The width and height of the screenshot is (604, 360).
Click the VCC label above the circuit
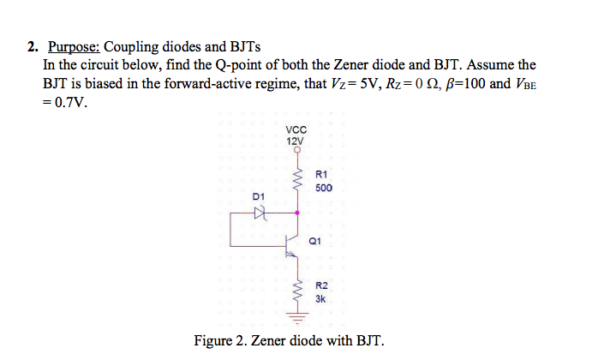click(296, 130)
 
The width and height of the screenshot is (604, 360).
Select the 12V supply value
click(296, 141)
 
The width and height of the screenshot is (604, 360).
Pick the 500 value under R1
click(323, 188)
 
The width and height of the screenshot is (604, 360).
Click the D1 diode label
click(259, 197)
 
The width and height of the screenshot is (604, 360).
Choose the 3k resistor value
click(320, 299)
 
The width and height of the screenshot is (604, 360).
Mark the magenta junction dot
click(297, 211)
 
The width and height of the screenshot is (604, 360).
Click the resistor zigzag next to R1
click(297, 181)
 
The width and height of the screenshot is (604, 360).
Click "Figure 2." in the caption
click(220, 340)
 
